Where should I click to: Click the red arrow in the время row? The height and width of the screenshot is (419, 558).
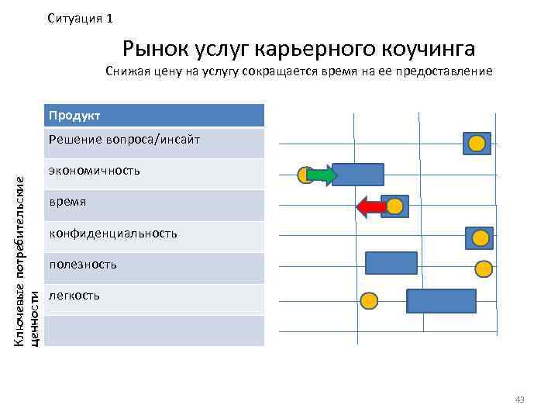click(371, 206)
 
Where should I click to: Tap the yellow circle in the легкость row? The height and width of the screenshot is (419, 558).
click(370, 300)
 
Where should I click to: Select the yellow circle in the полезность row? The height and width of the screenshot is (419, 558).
click(484, 268)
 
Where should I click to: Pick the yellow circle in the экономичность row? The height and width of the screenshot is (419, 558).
click(307, 175)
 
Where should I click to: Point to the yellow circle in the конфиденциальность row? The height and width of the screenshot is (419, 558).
click(480, 238)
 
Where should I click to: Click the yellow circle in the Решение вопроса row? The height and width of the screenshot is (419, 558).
click(477, 143)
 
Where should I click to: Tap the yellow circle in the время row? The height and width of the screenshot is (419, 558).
click(395, 206)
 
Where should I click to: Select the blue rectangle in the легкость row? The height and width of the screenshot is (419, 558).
click(441, 300)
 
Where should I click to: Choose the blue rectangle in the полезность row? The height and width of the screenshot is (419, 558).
click(391, 264)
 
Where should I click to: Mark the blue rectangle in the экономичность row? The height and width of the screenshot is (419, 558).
click(358, 175)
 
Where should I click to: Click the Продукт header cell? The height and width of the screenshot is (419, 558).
click(155, 116)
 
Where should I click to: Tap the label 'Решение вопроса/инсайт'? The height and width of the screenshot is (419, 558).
click(124, 140)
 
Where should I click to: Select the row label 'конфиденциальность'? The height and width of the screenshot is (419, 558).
click(112, 233)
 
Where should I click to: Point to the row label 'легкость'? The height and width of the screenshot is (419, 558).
click(74, 296)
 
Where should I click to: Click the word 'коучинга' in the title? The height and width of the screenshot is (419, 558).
click(429, 49)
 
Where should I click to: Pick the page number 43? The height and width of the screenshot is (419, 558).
click(519, 400)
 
